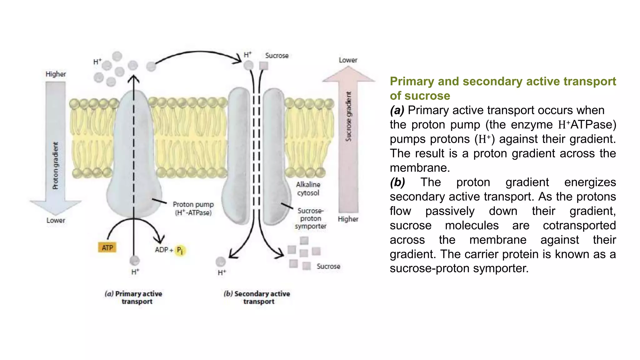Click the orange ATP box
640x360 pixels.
click(107, 248)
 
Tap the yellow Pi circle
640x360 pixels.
click(180, 250)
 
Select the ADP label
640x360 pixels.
click(162, 250)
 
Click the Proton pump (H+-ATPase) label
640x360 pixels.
click(193, 208)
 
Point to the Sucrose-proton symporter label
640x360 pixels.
click(310, 218)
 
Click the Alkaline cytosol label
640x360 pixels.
click(308, 189)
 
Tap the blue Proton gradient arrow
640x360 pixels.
click(56, 147)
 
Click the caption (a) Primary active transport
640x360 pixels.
click(134, 297)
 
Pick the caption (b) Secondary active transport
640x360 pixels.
click(257, 297)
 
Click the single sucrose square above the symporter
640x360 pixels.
click(264, 66)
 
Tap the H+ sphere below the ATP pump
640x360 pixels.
click(135, 260)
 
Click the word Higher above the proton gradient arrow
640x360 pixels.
click(56, 74)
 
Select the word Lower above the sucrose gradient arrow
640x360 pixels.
click(348, 60)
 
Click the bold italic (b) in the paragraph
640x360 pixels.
click(397, 182)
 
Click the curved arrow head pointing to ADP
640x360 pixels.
click(160, 239)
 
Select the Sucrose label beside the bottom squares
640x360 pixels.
click(328, 266)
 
